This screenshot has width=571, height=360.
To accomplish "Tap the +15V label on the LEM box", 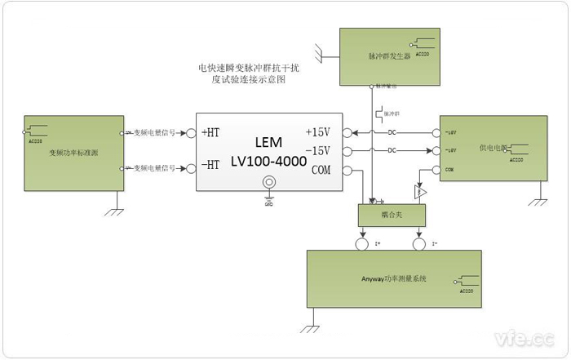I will pos(317,132).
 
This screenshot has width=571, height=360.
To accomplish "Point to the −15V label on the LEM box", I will pos(317,151).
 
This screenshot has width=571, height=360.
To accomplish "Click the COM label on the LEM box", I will pos(321,170).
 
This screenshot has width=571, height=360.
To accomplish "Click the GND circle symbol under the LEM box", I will pos(267,197).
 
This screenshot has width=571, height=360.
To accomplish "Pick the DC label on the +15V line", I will pos(392,133).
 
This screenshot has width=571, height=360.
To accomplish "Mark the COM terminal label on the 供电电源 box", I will pos(449,170).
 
